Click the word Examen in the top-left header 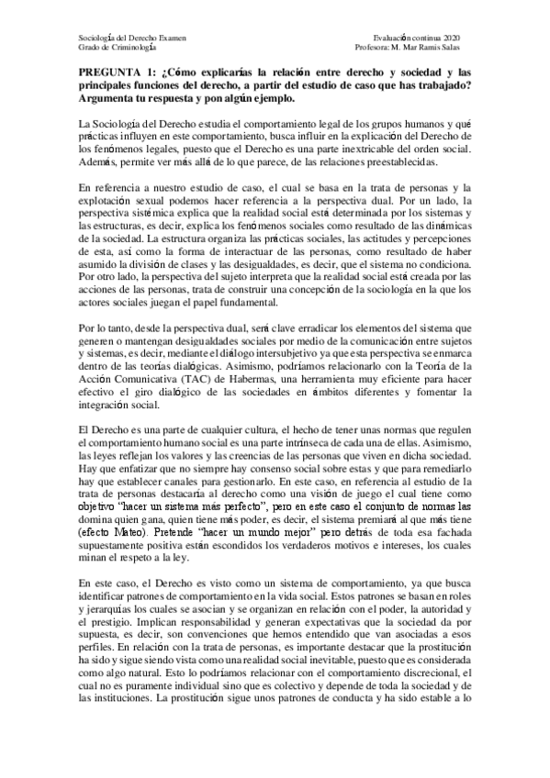[x=172, y=38]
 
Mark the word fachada [x=455, y=506]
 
